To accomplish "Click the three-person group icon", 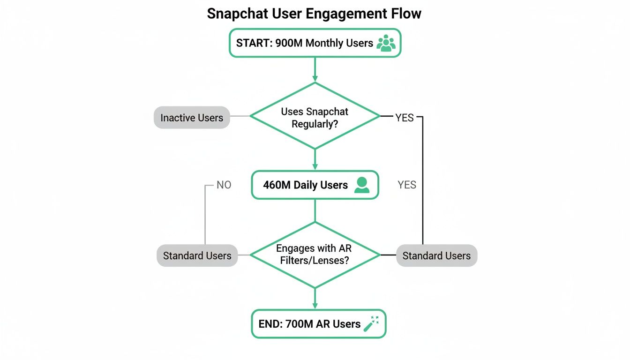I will [386, 43].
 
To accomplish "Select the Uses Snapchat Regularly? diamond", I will [315, 116].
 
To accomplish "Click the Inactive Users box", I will [192, 117].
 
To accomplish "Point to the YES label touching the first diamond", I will [404, 118].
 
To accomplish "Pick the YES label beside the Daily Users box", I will [406, 185].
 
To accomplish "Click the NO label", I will [224, 185].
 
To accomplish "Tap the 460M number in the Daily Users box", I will [277, 185].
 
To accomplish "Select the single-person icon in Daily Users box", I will [361, 185].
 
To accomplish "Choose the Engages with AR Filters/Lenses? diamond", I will [315, 255].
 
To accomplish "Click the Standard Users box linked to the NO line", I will [197, 255].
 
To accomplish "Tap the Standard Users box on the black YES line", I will [436, 255].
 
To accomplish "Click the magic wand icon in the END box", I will [371, 323].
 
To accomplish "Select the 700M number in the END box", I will [299, 324].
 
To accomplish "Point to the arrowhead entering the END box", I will [315, 305].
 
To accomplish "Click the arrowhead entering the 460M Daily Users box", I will [315, 166].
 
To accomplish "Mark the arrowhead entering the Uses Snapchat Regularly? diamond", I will [315, 78].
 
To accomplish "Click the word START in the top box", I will [252, 43].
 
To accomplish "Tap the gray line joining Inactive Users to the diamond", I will [240, 116].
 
